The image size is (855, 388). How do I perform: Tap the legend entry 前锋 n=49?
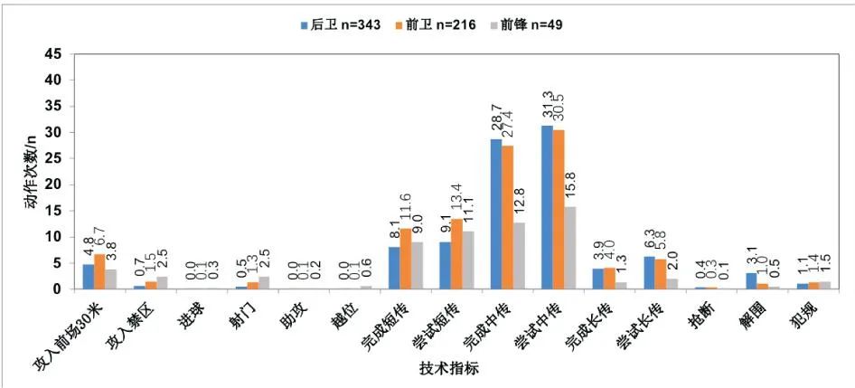tap(533, 25)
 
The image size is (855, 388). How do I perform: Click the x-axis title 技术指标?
tap(448, 369)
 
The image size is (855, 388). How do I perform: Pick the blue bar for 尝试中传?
tap(547, 207)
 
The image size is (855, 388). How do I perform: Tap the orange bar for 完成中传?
tap(508, 217)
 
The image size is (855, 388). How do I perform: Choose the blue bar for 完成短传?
tap(394, 268)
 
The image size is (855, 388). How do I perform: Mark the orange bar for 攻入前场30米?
tap(99, 271)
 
